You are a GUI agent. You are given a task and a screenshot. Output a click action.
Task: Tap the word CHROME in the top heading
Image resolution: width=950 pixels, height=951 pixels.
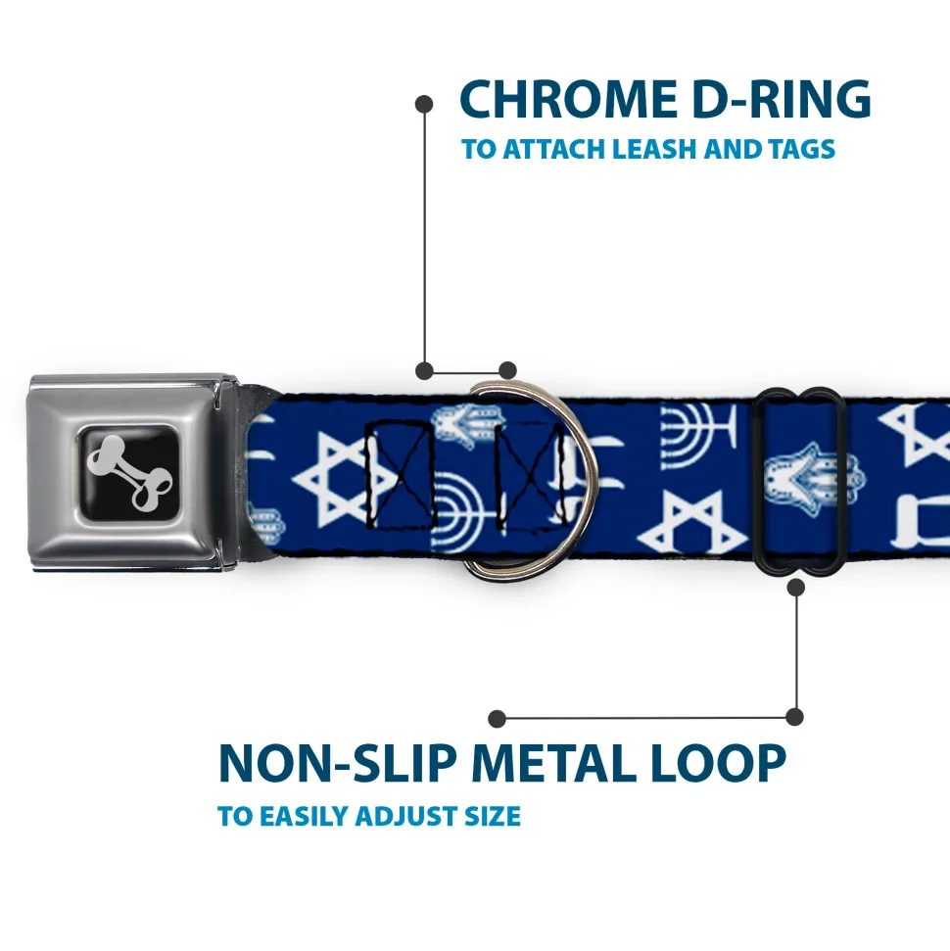(x=569, y=99)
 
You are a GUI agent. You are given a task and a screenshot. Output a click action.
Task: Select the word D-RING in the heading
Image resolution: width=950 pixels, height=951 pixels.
(x=782, y=99)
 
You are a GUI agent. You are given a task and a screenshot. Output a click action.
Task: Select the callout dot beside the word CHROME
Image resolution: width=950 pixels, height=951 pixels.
(x=424, y=104)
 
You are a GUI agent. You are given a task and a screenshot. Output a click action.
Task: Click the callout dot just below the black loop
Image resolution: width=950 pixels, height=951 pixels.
(x=796, y=587)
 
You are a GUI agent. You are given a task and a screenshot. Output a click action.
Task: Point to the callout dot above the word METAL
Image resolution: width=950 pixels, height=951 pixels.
(x=497, y=719)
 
